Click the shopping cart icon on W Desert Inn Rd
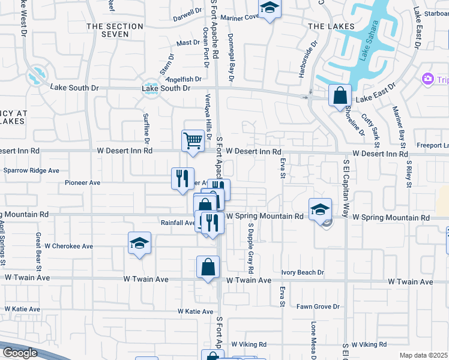pyautogui.click(x=193, y=140)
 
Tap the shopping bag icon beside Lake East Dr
pyautogui.click(x=340, y=95)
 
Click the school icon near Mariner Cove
pyautogui.click(x=270, y=8)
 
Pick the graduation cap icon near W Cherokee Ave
pyautogui.click(x=139, y=242)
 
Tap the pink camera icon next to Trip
pyautogui.click(x=427, y=79)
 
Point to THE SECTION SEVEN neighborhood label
pyautogui.click(x=115, y=31)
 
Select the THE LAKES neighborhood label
pyautogui.click(x=328, y=26)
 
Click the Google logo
pyautogui.click(x=20, y=353)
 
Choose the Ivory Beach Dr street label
pyautogui.click(x=302, y=272)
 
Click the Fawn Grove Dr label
pyautogui.click(x=318, y=307)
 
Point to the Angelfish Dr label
pyautogui.click(x=183, y=79)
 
